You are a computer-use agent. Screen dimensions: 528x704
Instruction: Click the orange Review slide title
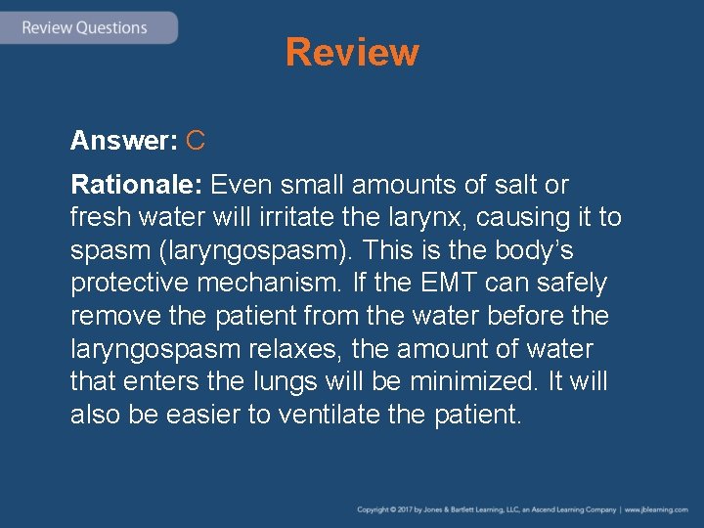pyautogui.click(x=352, y=52)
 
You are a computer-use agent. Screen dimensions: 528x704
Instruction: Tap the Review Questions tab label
pyautogui.click(x=84, y=27)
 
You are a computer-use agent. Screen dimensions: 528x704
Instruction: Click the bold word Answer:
pyautogui.click(x=123, y=141)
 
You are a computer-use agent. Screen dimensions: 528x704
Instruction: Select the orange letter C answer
pyautogui.click(x=195, y=141)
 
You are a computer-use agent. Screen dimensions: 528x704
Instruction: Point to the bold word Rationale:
pyautogui.click(x=136, y=184)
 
